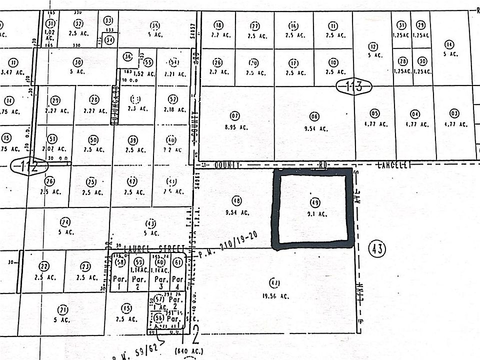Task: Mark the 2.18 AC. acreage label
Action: [173, 109]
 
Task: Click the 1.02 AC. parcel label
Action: [49, 35]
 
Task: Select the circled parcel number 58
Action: [119, 262]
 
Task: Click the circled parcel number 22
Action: [44, 266]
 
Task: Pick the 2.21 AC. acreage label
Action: [174, 74]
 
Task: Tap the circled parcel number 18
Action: [218, 25]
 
